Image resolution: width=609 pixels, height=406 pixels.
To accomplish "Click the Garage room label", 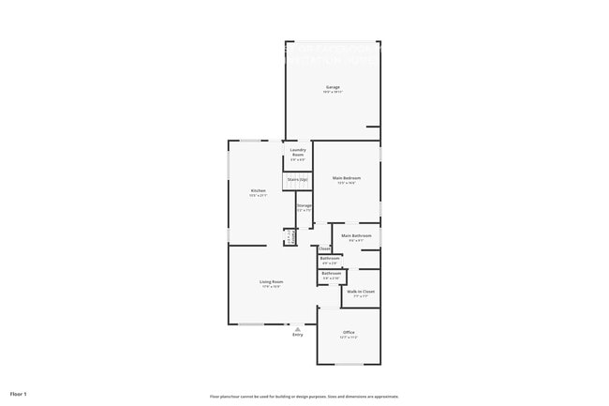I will pos(333,87).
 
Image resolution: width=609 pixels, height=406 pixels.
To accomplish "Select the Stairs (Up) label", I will pos(297,179).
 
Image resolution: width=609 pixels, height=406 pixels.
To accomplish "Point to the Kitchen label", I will pos(258,190).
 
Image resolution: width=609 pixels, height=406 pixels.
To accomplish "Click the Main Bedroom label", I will pos(347,177).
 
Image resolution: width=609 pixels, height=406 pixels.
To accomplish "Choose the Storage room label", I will pos(304,205).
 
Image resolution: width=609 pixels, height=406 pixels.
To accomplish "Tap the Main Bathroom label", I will pos(356,235).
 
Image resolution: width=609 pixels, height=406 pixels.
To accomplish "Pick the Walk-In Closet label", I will pos(361,292).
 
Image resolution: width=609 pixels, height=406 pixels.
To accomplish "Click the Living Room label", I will pos(272,281).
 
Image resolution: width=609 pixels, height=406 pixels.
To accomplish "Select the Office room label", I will pos(349,332).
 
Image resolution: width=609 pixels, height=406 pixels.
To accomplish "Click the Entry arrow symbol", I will pos(297,328).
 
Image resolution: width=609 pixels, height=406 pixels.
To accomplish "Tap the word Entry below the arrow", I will pos(297,335).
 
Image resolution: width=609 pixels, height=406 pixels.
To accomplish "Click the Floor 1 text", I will pos(19,393).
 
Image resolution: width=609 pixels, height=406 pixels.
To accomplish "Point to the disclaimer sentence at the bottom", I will pos(304,397).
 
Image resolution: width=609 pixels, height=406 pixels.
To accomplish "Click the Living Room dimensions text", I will pos(272,287).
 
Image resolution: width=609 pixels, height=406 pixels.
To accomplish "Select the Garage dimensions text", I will pos(333,93).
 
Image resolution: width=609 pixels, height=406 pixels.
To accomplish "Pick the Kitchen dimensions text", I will pos(258,196).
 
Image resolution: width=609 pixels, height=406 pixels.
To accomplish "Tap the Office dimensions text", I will pos(349,338).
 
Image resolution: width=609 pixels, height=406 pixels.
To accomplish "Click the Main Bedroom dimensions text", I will pos(347,183).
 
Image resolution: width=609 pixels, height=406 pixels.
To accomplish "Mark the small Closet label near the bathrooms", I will pos(324,248).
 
